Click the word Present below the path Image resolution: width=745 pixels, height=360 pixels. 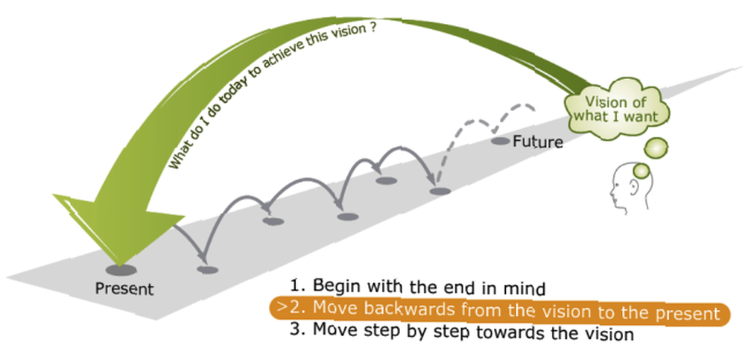click(x=124, y=288)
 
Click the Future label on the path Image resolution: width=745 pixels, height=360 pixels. click(x=538, y=142)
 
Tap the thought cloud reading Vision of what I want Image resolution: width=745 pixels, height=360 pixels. click(x=616, y=109)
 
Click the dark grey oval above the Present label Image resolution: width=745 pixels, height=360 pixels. click(x=121, y=271)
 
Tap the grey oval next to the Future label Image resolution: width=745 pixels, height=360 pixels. click(x=501, y=141)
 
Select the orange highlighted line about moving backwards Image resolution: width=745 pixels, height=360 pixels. click(x=499, y=312)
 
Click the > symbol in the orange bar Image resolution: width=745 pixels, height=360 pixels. click(x=282, y=306)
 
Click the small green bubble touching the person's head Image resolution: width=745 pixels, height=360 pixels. click(x=641, y=171)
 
